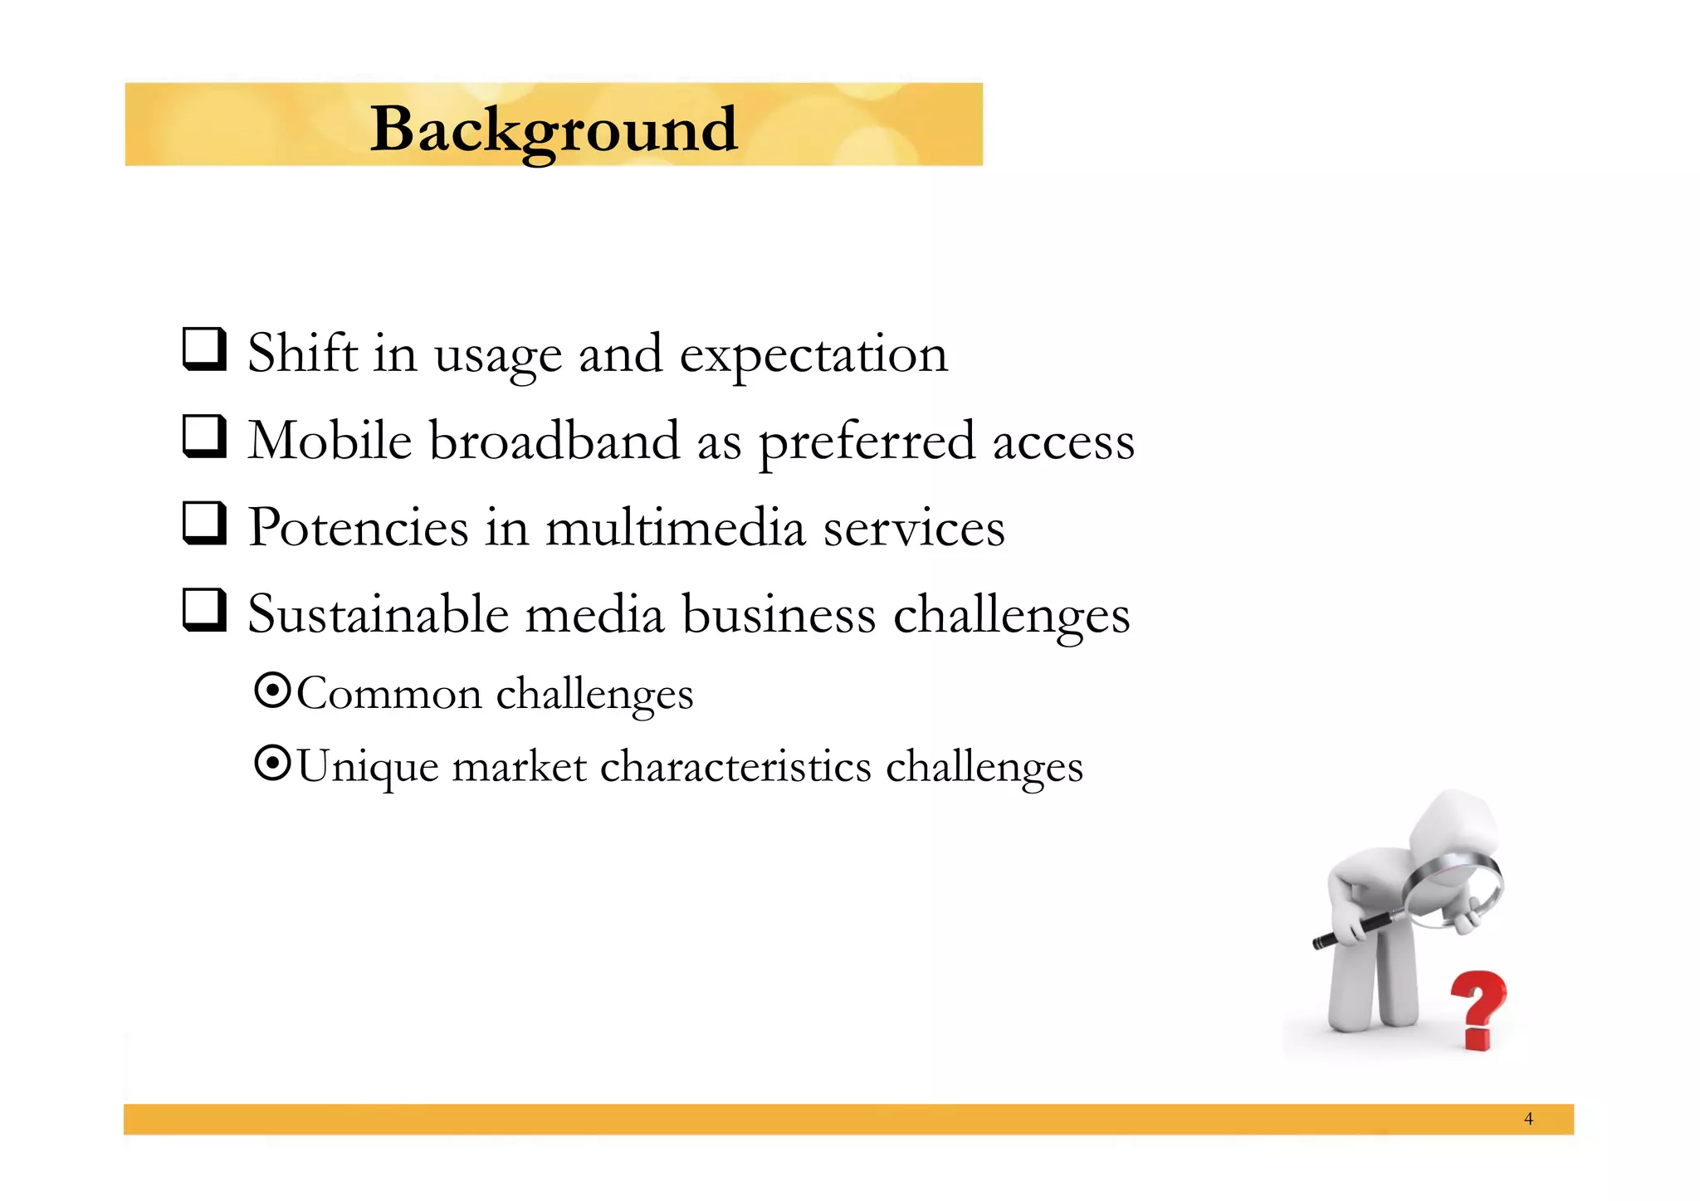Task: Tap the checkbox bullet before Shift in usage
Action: pos(204,349)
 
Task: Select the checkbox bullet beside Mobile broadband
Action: pos(204,437)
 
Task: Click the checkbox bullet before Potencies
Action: pos(204,524)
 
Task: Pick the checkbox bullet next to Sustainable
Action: pos(204,611)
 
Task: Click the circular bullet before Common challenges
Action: pos(272,691)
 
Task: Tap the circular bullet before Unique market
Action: pos(272,764)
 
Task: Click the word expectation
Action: pos(813,355)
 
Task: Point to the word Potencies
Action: pos(359,528)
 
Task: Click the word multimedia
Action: pos(675,528)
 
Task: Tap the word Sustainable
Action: pos(378,615)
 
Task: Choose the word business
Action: pos(779,615)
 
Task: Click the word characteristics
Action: pos(735,766)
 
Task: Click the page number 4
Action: pos(1528,1119)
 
